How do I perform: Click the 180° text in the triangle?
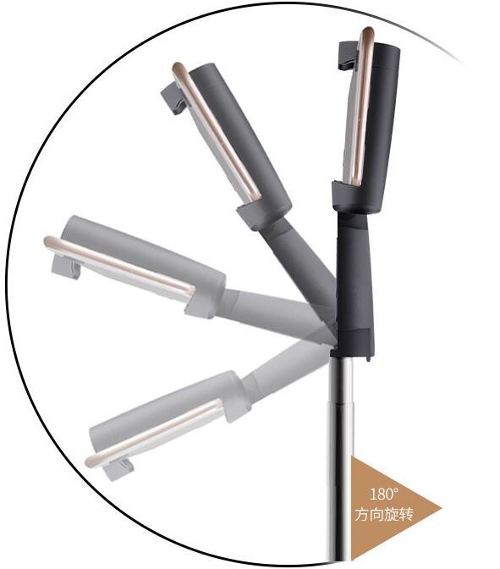click(384, 494)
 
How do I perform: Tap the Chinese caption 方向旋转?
click(384, 514)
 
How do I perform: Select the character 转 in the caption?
click(406, 514)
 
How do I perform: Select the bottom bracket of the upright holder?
click(348, 196)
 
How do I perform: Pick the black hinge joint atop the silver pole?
click(353, 343)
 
